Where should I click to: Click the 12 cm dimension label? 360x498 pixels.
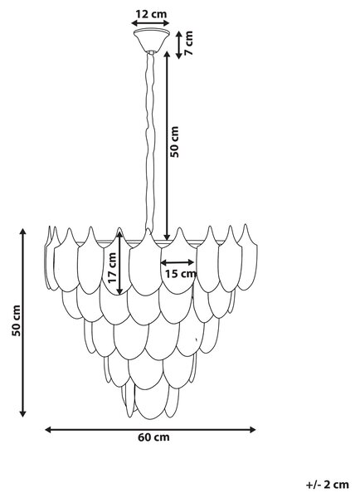click(151, 14)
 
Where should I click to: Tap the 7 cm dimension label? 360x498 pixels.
click(188, 43)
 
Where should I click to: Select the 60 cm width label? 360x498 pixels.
click(153, 437)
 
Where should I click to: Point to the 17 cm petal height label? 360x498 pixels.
click(112, 267)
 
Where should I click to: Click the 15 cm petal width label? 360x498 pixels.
click(180, 273)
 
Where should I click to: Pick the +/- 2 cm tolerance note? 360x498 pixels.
click(328, 485)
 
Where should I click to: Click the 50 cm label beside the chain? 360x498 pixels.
click(174, 142)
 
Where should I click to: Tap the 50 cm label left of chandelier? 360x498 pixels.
click(17, 320)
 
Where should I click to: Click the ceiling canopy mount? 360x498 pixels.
click(152, 40)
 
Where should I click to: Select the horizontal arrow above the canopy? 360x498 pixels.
click(150, 23)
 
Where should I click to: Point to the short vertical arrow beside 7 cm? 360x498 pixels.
click(179, 45)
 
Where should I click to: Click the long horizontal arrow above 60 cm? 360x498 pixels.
click(150, 430)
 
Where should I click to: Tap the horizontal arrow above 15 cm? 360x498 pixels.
click(178, 262)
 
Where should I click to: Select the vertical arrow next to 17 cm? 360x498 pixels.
click(119, 263)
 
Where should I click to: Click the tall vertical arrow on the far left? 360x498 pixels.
click(22, 322)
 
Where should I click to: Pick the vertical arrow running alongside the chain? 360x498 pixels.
click(167, 145)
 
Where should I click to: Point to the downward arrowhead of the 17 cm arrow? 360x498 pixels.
click(119, 291)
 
